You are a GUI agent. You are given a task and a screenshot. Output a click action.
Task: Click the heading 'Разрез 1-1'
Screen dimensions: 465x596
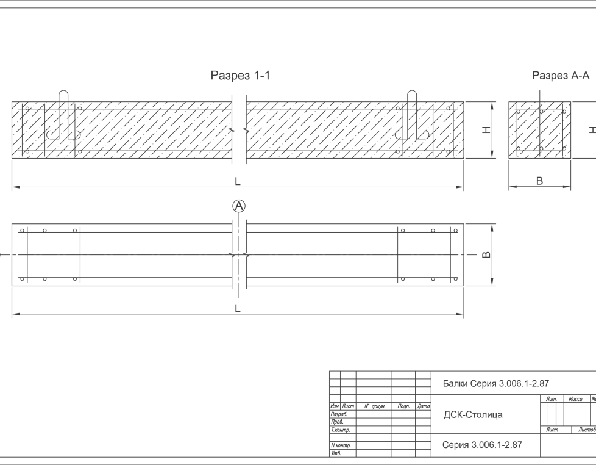tap(240, 76)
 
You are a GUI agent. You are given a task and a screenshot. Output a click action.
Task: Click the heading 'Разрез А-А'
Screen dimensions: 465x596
tap(561, 76)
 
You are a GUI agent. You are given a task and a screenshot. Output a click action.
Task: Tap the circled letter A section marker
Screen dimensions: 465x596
tap(239, 206)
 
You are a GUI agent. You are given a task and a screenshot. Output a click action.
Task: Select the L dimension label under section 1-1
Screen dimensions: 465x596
tap(238, 182)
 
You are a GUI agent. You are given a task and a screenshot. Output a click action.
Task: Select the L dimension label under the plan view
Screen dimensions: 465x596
tap(238, 309)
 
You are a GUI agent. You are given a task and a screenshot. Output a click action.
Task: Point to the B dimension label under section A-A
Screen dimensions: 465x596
tap(539, 181)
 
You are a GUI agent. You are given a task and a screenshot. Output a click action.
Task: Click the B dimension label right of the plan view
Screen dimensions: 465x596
tap(486, 254)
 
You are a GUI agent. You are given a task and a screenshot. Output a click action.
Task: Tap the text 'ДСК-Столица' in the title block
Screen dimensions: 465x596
tap(473, 415)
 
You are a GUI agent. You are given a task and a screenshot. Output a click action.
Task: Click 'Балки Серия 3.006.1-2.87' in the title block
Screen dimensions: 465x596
tap(495, 384)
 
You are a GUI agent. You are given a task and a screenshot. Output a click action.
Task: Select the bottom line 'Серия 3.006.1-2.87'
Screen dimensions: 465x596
tap(481, 445)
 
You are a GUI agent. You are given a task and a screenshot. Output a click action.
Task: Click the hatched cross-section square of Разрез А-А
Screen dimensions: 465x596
tap(540, 129)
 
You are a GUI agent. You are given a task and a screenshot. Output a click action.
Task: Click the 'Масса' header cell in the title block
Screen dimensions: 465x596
tap(575, 399)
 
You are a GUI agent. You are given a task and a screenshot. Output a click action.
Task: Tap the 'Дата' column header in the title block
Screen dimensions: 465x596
tap(424, 406)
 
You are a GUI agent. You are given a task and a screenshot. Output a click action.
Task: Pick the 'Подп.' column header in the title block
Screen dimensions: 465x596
tap(403, 406)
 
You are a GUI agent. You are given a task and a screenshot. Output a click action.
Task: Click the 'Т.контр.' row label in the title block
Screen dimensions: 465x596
tap(339, 430)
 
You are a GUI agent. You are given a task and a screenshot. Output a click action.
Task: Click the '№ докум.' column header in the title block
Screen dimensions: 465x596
tap(374, 406)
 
